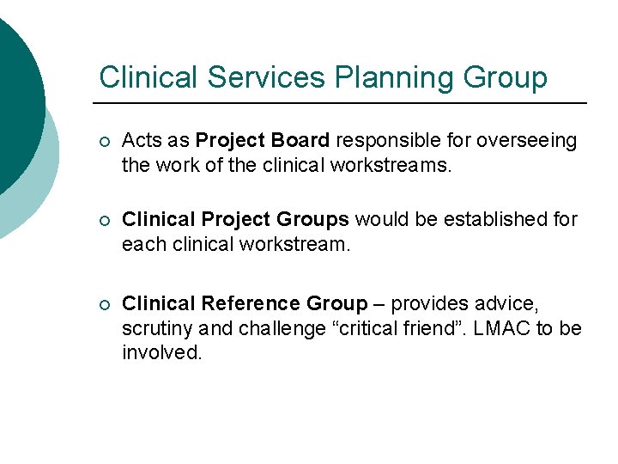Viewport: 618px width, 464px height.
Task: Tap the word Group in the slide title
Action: tap(503, 77)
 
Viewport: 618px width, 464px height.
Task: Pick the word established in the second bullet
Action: tap(491, 221)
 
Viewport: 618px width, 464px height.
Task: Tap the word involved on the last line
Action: tap(162, 352)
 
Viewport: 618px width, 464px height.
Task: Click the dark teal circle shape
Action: tap(15, 95)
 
